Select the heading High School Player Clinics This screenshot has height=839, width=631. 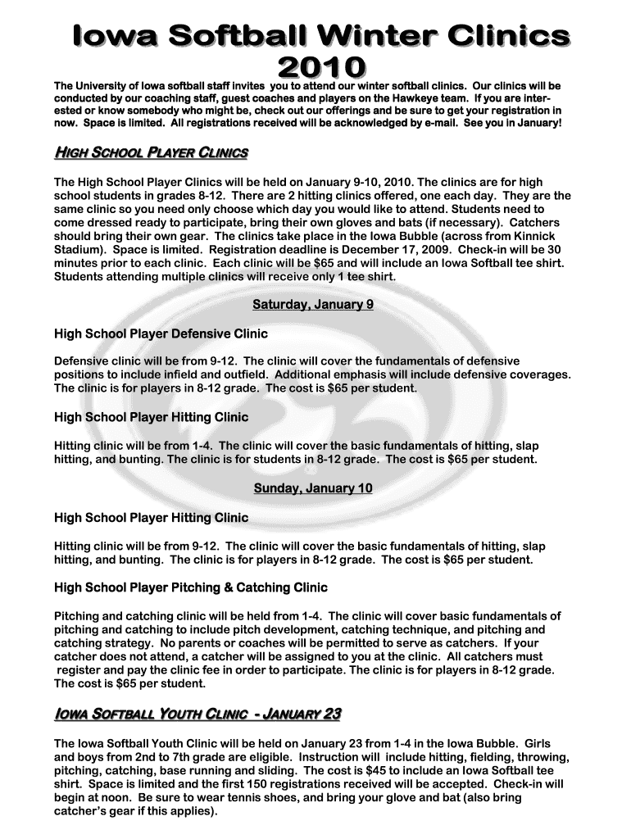click(151, 154)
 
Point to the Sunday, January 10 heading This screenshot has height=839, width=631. click(313, 488)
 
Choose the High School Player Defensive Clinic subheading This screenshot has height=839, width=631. click(161, 334)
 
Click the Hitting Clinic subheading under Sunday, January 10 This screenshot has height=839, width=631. click(151, 518)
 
